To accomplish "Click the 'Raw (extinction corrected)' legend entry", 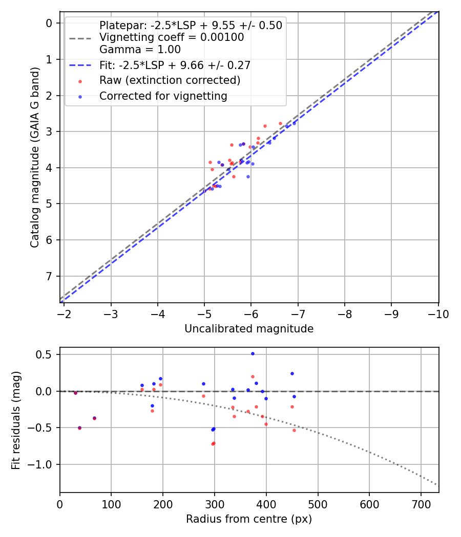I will [170, 81].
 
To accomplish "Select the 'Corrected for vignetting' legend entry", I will [163, 96].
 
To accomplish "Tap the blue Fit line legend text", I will [175, 65].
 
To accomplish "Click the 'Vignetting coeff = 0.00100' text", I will [172, 37].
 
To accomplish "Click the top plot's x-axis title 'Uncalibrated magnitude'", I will [249, 329].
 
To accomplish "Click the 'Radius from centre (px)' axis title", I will [249, 519].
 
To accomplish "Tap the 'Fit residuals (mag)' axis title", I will [17, 420].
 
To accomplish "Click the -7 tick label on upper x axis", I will [298, 314].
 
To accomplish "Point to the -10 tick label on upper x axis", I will [438, 314].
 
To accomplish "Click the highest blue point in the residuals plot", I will [253, 353].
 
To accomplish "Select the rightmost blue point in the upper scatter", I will [294, 123].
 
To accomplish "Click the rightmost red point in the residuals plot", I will [294, 430].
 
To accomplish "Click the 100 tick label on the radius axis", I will [111, 504].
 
